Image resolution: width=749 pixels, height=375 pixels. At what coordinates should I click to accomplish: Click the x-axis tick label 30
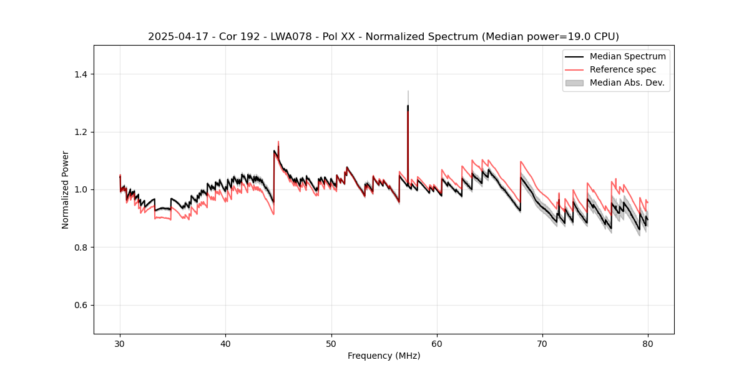coord(120,343)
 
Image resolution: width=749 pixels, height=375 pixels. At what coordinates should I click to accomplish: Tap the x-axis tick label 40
coord(225,343)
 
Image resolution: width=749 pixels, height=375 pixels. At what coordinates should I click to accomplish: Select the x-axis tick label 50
coord(331,343)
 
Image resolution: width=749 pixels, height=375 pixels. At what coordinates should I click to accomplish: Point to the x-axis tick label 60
coord(437,343)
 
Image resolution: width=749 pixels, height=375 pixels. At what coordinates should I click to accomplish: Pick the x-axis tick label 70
coord(542,343)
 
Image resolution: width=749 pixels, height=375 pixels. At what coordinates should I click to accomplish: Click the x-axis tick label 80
coord(648,343)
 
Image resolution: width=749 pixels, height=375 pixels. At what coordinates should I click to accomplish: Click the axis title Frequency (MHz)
coord(384,356)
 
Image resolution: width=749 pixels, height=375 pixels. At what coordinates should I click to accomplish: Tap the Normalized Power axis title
coord(65,189)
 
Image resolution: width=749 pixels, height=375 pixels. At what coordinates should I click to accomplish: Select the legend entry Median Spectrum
coord(627,56)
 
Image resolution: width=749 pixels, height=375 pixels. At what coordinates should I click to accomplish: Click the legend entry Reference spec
coord(622,69)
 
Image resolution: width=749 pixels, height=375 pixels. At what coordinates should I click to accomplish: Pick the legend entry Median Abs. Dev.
coord(627,82)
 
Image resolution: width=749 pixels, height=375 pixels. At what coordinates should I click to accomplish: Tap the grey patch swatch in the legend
coord(574,82)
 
